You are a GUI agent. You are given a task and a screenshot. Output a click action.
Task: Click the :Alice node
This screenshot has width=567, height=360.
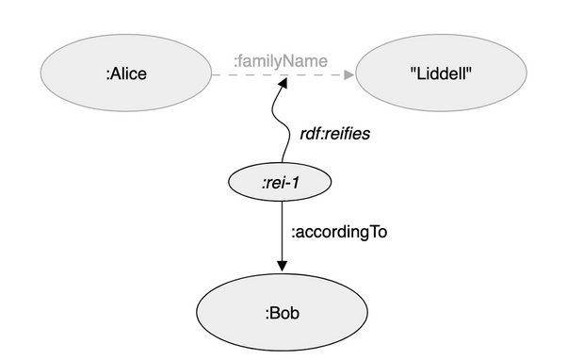pyautogui.click(x=126, y=73)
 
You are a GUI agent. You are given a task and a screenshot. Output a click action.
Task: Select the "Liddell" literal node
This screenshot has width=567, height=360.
pyautogui.click(x=441, y=73)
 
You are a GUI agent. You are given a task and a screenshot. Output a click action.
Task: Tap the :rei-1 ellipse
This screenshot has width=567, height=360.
pyautogui.click(x=280, y=182)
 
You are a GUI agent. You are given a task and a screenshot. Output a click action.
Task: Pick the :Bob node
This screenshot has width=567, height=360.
pyautogui.click(x=282, y=312)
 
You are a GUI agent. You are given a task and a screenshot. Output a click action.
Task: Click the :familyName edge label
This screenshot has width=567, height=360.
pyautogui.click(x=281, y=61)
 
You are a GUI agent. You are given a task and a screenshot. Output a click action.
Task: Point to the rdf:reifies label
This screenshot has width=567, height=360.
pyautogui.click(x=335, y=134)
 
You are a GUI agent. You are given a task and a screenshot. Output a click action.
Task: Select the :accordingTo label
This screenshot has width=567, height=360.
pyautogui.click(x=339, y=232)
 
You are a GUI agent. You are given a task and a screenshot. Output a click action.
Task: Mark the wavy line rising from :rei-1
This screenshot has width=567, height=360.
pyautogui.click(x=281, y=122)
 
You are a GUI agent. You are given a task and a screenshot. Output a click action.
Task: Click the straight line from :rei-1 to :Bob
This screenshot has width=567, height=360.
pyautogui.click(x=282, y=237)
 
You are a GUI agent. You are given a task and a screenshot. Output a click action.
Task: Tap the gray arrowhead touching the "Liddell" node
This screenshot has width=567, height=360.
pyautogui.click(x=349, y=74)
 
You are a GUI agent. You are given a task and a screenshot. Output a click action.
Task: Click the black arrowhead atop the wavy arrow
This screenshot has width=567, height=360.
pyautogui.click(x=283, y=83)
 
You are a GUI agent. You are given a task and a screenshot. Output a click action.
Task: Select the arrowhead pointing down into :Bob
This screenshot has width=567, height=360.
pyautogui.click(x=282, y=267)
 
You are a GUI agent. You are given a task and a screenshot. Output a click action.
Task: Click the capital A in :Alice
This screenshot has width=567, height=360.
pyautogui.click(x=115, y=74)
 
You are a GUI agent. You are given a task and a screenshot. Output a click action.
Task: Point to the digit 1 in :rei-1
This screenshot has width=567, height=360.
pyautogui.click(x=295, y=183)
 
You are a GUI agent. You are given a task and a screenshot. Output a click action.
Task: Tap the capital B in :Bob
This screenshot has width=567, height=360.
pyautogui.click(x=274, y=313)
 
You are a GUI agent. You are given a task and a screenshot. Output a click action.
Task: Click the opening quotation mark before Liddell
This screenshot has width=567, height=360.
pyautogui.click(x=413, y=70)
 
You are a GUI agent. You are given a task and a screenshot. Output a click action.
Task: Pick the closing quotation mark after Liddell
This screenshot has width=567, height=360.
pyautogui.click(x=469, y=70)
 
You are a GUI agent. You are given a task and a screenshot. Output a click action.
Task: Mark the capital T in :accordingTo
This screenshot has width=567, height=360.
pyautogui.click(x=374, y=232)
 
